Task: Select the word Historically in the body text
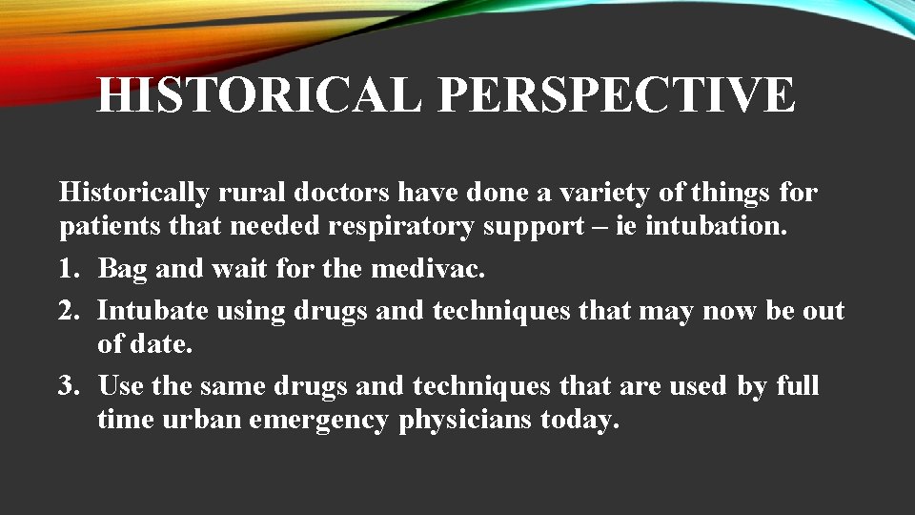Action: point(134,194)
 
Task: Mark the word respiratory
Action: point(412,229)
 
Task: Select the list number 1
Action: point(68,269)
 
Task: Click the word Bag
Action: point(122,269)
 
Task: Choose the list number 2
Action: point(68,311)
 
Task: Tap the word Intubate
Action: point(152,311)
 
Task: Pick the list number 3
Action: point(68,385)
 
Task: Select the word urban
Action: point(205,420)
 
